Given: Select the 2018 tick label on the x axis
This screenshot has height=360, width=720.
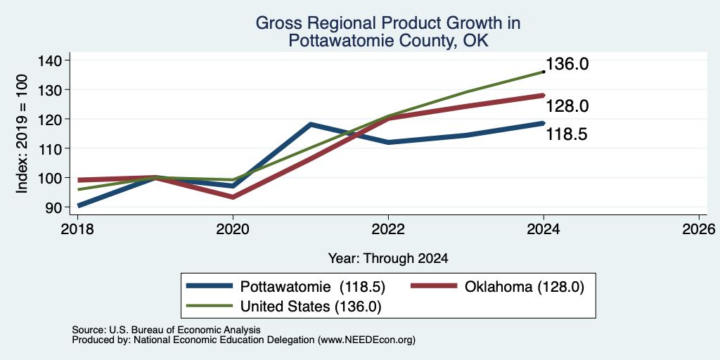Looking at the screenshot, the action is point(77,229).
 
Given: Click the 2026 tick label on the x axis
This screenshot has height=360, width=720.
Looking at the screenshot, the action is point(699,229).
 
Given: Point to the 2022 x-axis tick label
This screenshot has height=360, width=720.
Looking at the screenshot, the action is point(388,229).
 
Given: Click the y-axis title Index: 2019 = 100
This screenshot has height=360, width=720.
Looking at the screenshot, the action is point(22,134).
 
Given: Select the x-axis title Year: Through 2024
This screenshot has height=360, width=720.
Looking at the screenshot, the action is point(388,259).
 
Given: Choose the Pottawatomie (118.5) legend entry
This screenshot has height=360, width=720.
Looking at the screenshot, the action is point(285,287).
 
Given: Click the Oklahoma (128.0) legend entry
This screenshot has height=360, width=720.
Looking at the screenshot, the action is point(497,287).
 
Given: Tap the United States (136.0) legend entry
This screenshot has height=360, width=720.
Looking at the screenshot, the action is point(284,306).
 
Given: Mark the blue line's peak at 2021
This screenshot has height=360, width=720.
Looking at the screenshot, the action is point(311,124).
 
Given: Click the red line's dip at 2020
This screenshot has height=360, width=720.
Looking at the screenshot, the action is point(233,197).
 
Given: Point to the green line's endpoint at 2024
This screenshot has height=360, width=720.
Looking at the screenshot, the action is point(544,72).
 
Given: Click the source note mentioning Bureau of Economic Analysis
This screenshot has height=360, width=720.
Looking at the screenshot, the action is point(166,330).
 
